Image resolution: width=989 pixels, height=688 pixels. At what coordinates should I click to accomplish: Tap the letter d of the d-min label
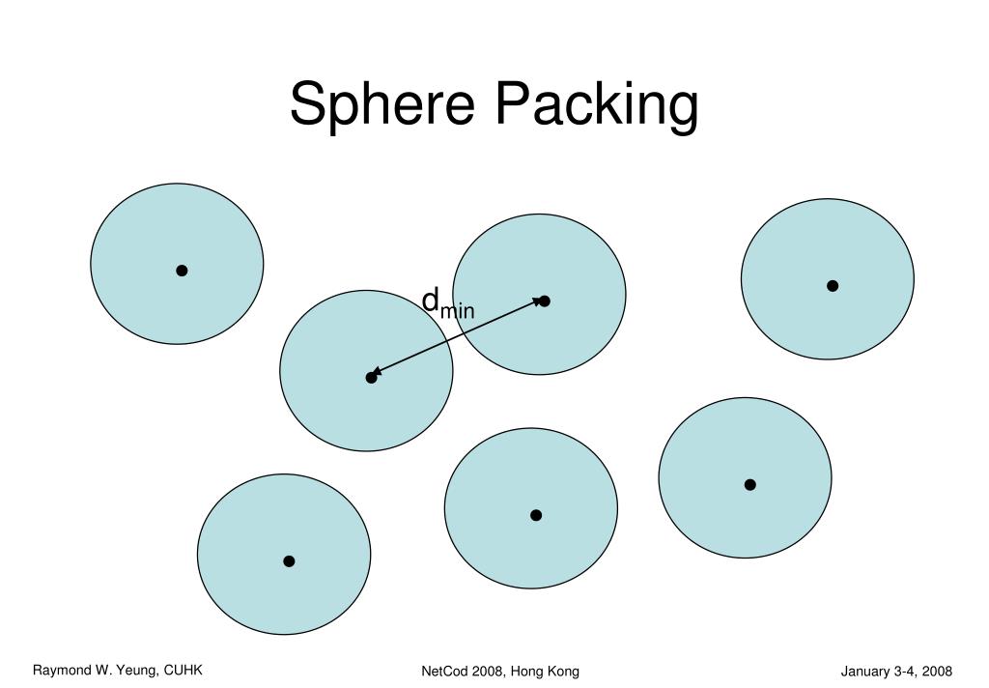(431, 299)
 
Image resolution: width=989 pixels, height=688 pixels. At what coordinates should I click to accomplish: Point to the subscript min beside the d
(458, 310)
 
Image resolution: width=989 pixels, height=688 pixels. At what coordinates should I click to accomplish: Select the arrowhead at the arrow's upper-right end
(538, 302)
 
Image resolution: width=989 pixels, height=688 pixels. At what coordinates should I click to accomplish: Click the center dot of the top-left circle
(182, 271)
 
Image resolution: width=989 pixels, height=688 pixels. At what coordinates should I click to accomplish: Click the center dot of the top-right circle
(833, 286)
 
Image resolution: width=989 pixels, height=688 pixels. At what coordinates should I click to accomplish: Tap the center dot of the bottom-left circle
(289, 561)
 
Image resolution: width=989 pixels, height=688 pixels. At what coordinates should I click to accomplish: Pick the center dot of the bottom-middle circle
(536, 515)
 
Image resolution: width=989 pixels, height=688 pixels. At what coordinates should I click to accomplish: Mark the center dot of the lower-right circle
(749, 484)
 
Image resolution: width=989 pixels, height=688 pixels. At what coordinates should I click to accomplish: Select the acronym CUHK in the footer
(184, 670)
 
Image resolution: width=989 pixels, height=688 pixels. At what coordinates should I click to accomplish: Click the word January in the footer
(865, 672)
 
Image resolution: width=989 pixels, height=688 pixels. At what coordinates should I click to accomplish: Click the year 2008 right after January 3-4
(938, 672)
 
